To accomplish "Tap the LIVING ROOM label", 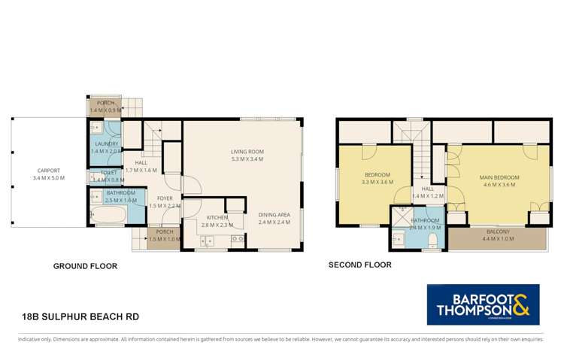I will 247,152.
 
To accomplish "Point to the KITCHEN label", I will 217,217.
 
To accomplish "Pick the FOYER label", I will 165,198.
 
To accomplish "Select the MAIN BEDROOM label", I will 499,177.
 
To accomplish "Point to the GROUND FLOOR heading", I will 85,266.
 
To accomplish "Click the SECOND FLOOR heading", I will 360,265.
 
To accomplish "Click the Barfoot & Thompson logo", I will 483,304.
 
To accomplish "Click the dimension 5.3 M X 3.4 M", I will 247,159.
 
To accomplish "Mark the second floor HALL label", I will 427,189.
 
